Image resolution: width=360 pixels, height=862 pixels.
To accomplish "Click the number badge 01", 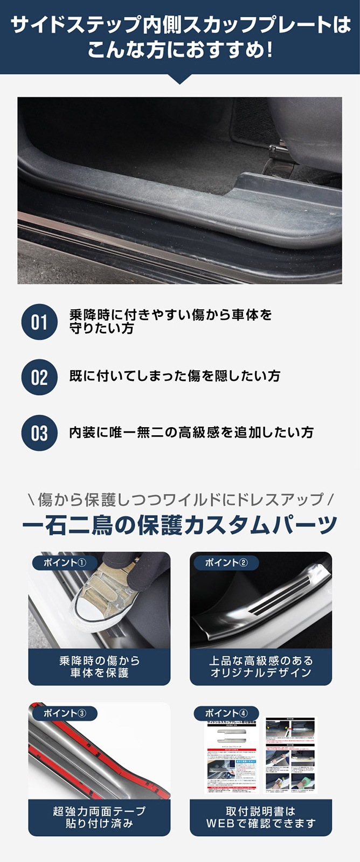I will [x=39, y=322].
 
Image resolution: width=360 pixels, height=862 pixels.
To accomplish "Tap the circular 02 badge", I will [x=39, y=377].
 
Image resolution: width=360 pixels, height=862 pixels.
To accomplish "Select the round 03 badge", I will [x=39, y=433].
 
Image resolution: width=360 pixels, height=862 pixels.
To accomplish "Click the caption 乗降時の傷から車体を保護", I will [x=99, y=666].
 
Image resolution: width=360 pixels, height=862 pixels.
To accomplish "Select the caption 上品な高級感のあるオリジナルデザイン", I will [x=261, y=666].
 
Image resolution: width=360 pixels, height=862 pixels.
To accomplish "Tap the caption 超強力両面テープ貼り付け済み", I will [x=99, y=817].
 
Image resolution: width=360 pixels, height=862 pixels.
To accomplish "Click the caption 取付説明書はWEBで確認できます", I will [x=261, y=817].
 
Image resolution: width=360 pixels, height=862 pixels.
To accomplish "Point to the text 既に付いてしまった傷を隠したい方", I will [x=175, y=376].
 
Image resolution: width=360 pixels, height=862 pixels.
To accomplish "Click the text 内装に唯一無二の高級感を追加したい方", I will [x=191, y=432].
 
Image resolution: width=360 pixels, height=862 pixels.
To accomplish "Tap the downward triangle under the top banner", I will [x=180, y=79].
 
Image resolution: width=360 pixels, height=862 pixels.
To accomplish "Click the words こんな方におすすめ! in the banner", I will [x=180, y=51].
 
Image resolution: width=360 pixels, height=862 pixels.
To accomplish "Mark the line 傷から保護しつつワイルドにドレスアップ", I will [x=180, y=499].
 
